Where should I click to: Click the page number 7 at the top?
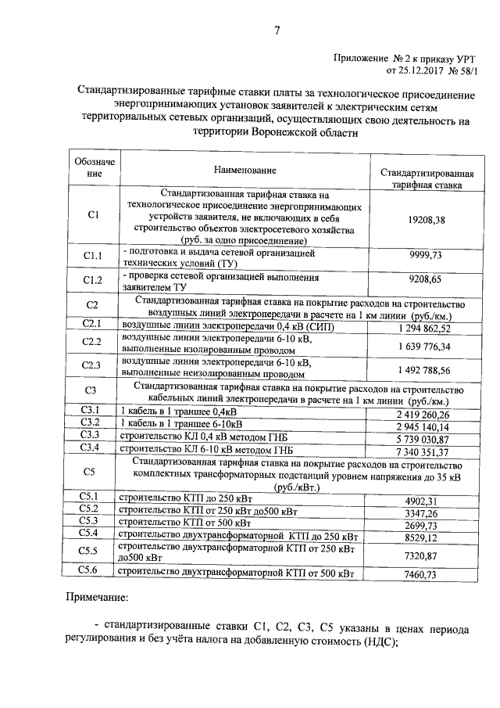tap(277, 31)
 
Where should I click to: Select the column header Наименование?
tap(245, 171)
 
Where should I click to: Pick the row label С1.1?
tap(93, 257)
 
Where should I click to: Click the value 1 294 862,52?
tap(423, 325)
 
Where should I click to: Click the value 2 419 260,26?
tap(423, 414)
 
